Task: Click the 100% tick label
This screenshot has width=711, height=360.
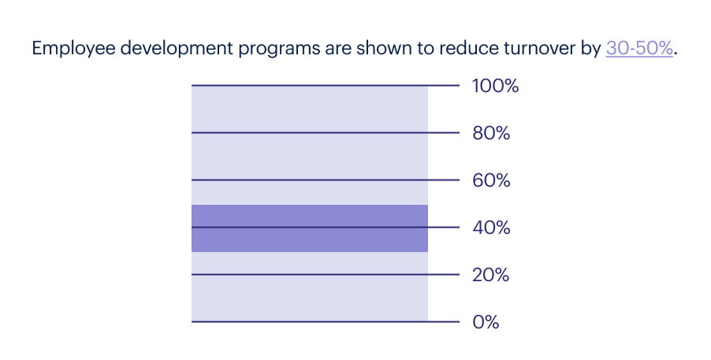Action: click(x=495, y=87)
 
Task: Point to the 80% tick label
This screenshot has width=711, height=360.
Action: click(x=491, y=134)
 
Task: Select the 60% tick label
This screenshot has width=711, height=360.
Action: click(x=491, y=181)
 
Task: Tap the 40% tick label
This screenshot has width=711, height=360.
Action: click(x=491, y=228)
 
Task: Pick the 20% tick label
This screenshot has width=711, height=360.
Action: click(x=491, y=276)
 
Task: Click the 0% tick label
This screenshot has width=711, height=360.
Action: click(x=486, y=323)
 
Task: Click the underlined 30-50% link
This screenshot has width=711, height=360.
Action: click(x=639, y=48)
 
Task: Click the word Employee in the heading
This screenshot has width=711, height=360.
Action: click(x=69, y=48)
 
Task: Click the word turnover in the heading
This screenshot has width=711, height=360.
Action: click(x=538, y=48)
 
